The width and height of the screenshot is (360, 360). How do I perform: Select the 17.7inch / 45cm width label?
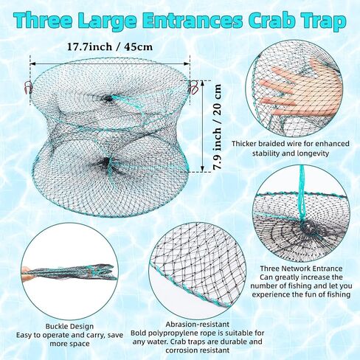(x=110, y=46)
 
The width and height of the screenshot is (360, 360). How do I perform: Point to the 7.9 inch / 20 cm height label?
(x=217, y=127)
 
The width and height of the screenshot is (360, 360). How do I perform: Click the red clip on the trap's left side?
(x=27, y=87)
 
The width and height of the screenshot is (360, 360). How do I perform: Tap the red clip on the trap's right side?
(x=193, y=88)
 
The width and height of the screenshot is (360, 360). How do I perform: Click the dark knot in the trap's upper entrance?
(x=108, y=99)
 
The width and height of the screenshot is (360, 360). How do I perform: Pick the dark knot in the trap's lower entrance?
(x=106, y=162)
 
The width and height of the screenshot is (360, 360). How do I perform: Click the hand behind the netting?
(x=302, y=90)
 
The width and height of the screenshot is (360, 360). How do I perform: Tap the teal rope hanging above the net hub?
(x=302, y=192)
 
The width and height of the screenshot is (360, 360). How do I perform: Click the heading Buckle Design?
(x=69, y=327)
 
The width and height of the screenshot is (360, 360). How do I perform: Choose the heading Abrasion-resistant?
(x=198, y=325)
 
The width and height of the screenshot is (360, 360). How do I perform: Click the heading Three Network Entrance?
(x=301, y=269)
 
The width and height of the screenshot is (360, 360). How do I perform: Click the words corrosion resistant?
(x=198, y=350)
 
